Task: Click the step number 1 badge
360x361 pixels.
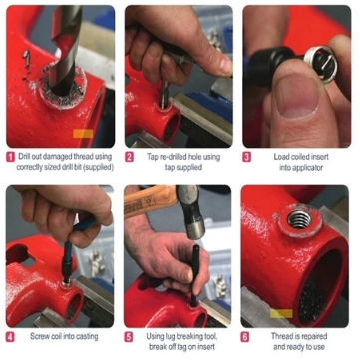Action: pyautogui.click(x=11, y=157)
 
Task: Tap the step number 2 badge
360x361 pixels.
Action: pyautogui.click(x=129, y=157)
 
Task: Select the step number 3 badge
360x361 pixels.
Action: pyautogui.click(x=246, y=157)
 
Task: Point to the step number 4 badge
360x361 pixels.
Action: pyautogui.click(x=11, y=337)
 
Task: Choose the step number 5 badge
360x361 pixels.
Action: pyautogui.click(x=129, y=337)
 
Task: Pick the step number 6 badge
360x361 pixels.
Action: pyautogui.click(x=245, y=337)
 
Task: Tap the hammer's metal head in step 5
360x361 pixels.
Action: pyautogui.click(x=190, y=211)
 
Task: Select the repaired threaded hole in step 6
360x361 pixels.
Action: pyautogui.click(x=299, y=220)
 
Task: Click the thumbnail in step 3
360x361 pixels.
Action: pyautogui.click(x=295, y=97)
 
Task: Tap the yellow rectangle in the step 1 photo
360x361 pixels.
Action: pyautogui.click(x=83, y=134)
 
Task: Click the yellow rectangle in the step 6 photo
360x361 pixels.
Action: pyautogui.click(x=281, y=313)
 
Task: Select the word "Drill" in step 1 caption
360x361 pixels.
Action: pyautogui.click(x=24, y=156)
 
